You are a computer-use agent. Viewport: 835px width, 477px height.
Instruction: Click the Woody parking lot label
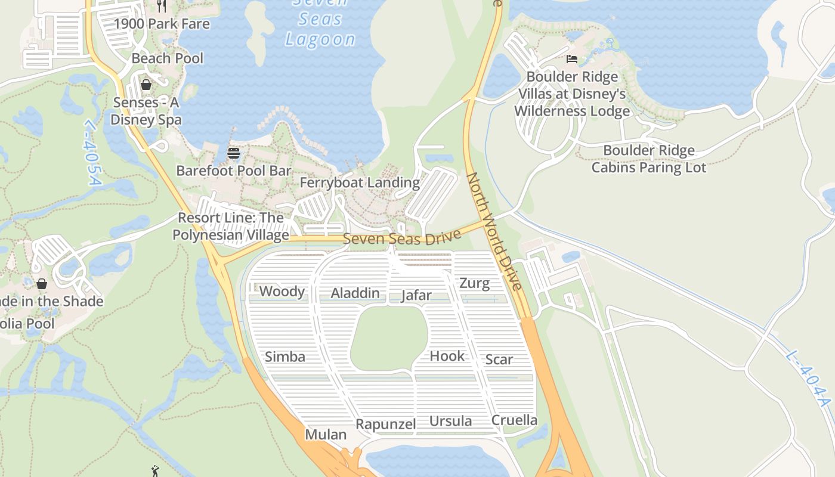pos(282,292)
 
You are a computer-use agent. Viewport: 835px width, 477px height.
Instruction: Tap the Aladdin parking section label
pos(355,293)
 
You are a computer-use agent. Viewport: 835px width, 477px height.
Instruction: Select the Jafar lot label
pos(416,295)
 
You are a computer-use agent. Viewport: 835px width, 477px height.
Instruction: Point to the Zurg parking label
pos(474,283)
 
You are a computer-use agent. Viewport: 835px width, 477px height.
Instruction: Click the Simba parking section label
pos(284,357)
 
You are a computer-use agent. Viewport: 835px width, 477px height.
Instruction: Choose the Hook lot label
pos(447,356)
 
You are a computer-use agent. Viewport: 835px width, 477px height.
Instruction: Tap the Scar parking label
pos(499,360)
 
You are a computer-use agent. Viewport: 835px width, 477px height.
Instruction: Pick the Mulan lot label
pos(326,435)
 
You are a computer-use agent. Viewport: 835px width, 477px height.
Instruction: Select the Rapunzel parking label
pos(385,425)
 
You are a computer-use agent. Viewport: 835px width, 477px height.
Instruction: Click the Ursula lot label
pos(450,422)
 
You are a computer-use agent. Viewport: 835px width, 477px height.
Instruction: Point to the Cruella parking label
pos(514,420)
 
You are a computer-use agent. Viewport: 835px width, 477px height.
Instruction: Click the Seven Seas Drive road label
pos(402,238)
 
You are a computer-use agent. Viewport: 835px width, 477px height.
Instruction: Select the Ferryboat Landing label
pos(360,182)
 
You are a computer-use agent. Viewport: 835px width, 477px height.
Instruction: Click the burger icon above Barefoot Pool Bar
pos(233,153)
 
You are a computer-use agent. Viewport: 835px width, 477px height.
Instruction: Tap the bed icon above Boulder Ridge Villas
pos(571,59)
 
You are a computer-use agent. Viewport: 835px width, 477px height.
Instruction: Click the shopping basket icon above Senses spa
pos(146,85)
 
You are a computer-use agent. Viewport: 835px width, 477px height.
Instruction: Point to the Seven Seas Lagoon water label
pos(320,21)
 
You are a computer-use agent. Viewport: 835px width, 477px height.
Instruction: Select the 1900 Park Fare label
pos(162,24)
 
